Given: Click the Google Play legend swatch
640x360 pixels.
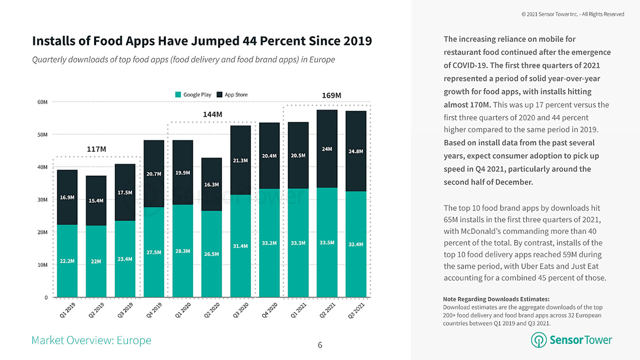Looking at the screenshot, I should tap(179, 95).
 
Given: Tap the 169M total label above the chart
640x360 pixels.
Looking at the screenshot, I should tap(331, 96).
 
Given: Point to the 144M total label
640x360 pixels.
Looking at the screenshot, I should tap(212, 115).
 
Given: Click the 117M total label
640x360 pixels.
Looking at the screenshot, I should tap(96, 149).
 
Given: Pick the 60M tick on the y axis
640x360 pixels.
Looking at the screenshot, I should tap(42, 102).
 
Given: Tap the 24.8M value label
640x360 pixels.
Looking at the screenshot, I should tap(356, 152).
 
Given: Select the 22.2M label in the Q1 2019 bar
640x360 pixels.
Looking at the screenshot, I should tap(67, 261).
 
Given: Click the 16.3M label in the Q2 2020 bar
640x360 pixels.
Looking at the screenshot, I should tap(211, 184).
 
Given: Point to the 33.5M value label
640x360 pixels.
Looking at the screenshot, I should tap(327, 243).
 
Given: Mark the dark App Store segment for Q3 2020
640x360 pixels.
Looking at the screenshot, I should tap(240, 160).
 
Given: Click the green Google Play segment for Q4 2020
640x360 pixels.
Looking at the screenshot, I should tap(269, 243).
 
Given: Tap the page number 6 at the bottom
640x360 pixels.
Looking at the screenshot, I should tap(320, 345).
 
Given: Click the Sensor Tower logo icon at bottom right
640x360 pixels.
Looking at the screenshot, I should tap(539, 340).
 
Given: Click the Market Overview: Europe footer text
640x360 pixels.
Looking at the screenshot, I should tap(91, 340).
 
